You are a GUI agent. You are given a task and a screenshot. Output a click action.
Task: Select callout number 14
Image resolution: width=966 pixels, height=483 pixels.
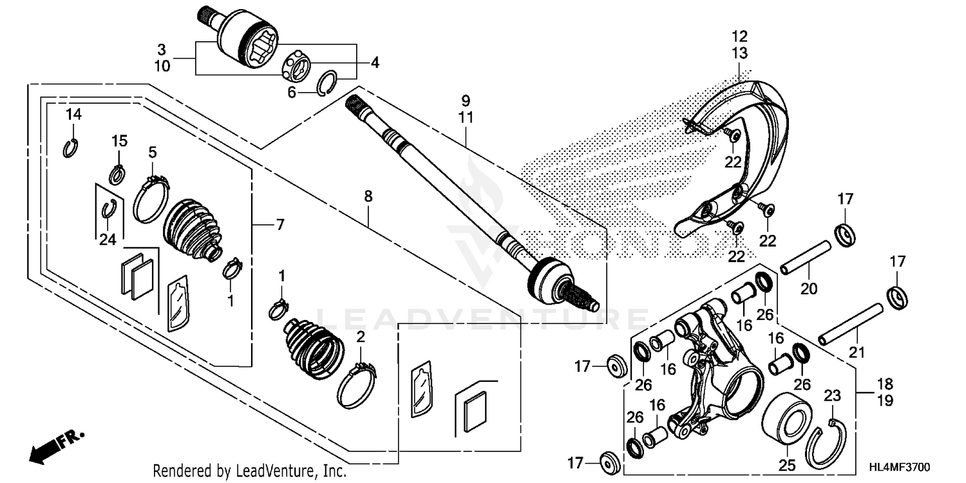(74, 115)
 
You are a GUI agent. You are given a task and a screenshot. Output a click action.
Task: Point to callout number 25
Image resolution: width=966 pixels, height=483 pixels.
(788, 464)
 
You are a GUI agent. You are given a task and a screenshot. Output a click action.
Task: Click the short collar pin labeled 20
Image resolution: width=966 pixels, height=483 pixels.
(803, 257)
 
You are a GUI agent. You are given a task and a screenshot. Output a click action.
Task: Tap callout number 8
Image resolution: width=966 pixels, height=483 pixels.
(368, 197)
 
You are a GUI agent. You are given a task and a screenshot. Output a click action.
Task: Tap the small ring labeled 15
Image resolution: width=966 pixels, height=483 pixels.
(117, 174)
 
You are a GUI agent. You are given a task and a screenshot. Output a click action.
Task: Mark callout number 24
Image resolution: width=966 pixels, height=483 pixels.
(107, 240)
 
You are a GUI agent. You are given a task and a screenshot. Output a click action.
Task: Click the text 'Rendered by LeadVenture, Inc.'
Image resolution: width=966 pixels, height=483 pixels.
(250, 471)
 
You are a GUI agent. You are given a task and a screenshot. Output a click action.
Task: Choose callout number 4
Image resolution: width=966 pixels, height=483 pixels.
(374, 63)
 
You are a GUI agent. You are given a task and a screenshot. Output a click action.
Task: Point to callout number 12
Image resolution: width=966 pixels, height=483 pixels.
(739, 35)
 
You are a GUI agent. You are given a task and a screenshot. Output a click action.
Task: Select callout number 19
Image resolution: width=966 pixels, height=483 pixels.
(885, 401)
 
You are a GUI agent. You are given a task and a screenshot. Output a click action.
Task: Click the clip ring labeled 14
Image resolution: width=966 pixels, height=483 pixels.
(71, 148)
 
